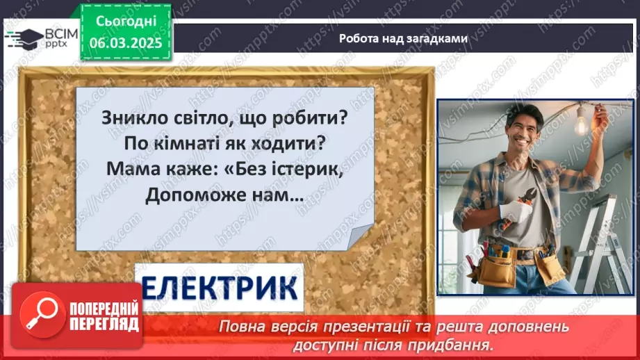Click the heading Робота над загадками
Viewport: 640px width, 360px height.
[x=403, y=38]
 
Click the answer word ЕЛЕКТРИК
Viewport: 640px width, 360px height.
[x=219, y=286]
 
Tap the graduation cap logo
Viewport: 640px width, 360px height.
[x=23, y=38]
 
